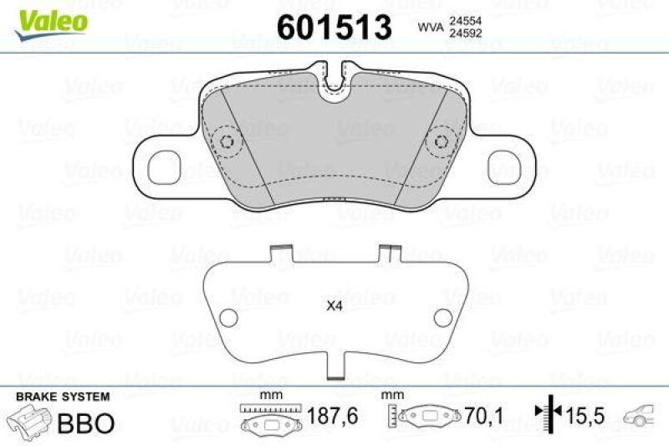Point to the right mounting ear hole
503,167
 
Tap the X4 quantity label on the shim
334,306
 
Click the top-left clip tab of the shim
281,251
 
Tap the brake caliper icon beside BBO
28,421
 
